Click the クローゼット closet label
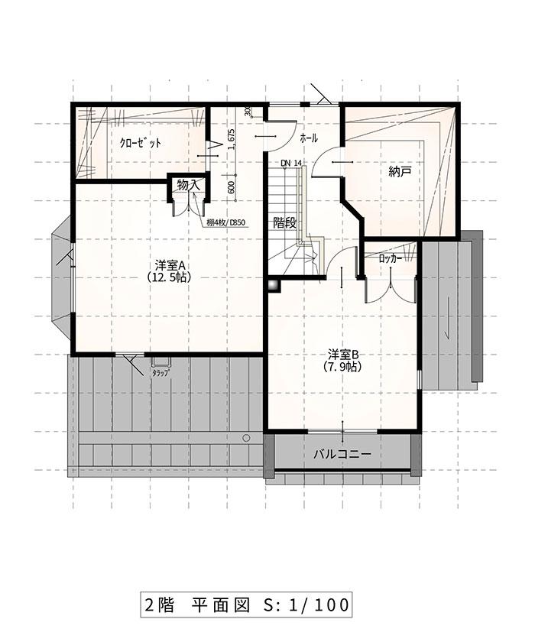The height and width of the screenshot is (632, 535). pos(141,143)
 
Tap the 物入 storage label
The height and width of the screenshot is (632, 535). pos(189,186)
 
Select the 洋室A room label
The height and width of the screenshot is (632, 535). pos(170,266)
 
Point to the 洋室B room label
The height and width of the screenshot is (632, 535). pos(343,355)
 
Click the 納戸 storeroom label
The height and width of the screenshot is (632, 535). pos(400,172)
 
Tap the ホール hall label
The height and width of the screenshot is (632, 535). pos(309,138)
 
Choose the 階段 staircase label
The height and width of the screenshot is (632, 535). pos(284,222)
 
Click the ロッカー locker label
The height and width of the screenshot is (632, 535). pos(391,260)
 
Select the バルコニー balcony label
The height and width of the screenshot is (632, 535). pos(342,454)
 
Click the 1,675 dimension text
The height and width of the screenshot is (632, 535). pos(232,139)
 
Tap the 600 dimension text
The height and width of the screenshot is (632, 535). pos(232,187)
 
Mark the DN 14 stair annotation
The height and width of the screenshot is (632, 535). pos(291,163)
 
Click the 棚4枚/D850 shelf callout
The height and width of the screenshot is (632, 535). pos(225,222)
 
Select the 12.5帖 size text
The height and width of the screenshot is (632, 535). pos(169,277)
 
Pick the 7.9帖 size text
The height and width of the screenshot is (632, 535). pos(342,366)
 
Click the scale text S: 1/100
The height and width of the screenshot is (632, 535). pos(306,604)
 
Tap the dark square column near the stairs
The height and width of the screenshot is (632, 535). pos(274,285)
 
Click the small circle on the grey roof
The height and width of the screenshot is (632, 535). pos(246,438)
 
